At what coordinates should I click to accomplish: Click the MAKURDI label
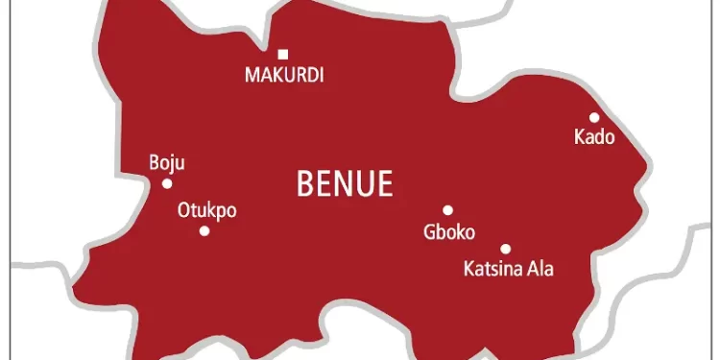tap(283, 75)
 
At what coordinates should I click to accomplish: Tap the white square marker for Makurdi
tap(282, 54)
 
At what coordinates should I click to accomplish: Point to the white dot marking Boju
tap(167, 183)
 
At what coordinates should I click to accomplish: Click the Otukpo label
tap(206, 211)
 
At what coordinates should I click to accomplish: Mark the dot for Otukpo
tap(204, 230)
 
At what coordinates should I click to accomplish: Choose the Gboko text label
tap(448, 231)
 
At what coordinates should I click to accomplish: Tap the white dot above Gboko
tap(447, 210)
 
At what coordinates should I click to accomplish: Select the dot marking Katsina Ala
tap(505, 249)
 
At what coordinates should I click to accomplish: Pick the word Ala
tap(540, 269)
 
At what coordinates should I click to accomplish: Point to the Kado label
tap(593, 138)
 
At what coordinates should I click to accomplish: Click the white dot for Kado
tap(594, 118)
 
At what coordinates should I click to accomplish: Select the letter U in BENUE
tap(363, 181)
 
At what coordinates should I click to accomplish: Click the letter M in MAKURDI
tap(251, 75)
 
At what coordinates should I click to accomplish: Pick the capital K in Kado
tap(579, 138)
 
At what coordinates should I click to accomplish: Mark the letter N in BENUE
tap(344, 181)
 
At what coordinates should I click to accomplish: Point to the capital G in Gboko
tap(428, 231)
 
